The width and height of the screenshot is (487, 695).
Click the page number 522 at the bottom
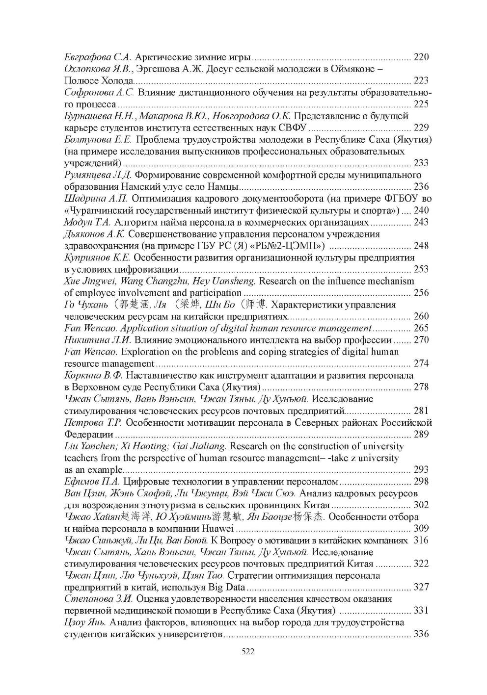[x=243, y=652]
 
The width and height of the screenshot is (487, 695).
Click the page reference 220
[x=421, y=57]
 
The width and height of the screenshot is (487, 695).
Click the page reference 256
[x=421, y=293]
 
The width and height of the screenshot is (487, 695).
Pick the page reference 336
[x=421, y=635]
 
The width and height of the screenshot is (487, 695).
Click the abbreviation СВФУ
[x=293, y=128]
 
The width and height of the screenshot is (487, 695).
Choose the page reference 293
[x=421, y=470]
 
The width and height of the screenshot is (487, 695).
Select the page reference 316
[x=421, y=541]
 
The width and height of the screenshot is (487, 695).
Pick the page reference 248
[x=421, y=246]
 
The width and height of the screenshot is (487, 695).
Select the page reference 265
[x=421, y=328]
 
